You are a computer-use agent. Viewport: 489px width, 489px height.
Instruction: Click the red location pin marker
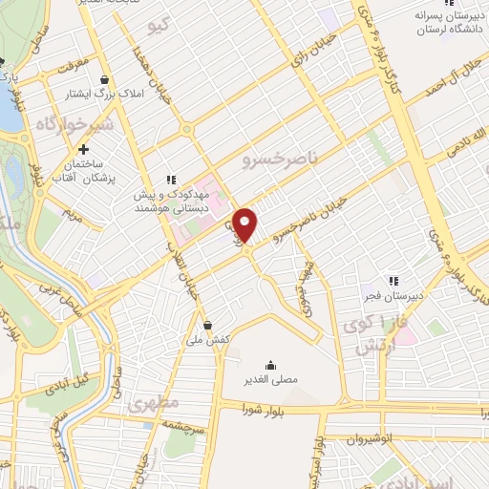(246, 224)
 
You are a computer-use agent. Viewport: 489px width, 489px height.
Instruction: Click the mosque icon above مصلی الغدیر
(270, 363)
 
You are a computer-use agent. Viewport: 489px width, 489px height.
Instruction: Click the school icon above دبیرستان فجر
(367, 283)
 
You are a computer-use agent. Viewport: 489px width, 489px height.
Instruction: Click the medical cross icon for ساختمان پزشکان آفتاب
(84, 149)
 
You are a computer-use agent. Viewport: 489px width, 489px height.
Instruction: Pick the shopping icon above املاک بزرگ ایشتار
(103, 79)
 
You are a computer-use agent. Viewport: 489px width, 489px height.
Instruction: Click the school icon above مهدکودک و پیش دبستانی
(171, 178)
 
